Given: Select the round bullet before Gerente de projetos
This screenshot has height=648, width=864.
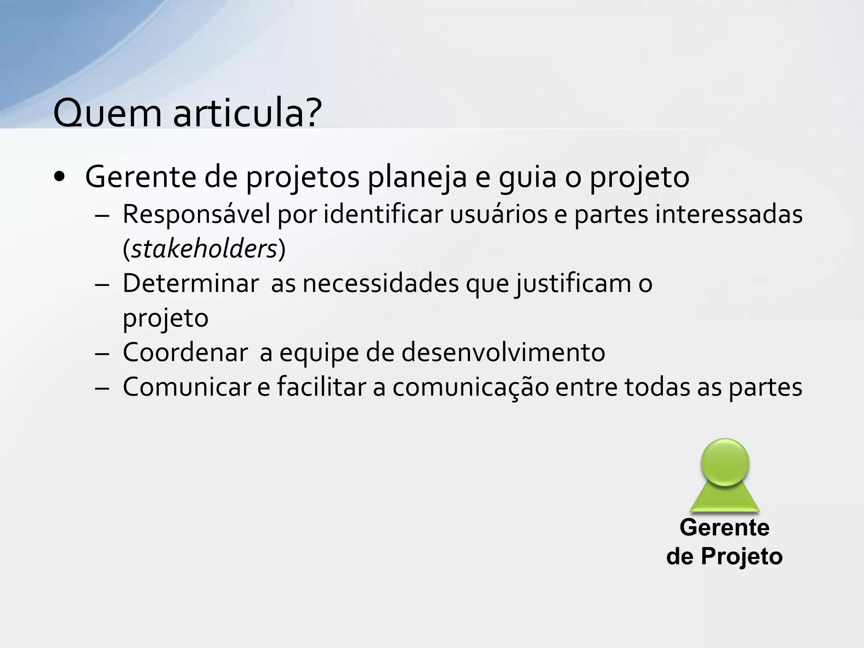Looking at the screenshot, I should (x=59, y=177).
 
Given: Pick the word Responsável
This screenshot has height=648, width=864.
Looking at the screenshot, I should (x=196, y=214).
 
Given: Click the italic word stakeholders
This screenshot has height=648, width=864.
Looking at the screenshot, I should (x=204, y=249).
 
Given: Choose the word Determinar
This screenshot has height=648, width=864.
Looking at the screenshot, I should (x=191, y=283).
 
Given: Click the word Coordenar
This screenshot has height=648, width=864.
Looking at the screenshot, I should (x=185, y=352).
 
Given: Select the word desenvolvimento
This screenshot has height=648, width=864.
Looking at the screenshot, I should (x=503, y=352).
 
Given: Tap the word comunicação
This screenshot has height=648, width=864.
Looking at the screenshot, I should (x=471, y=387).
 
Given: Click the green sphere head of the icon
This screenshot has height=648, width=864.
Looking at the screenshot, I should (x=725, y=462).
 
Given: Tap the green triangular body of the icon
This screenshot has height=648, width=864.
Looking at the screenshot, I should (x=724, y=500).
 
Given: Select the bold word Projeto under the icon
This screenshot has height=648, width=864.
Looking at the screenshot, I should (x=742, y=556).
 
